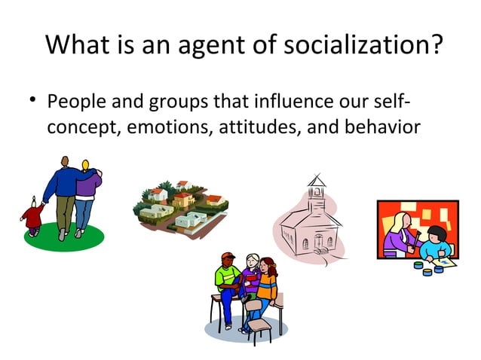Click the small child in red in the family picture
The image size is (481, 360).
point(32,215)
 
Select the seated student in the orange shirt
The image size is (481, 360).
point(267,285)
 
